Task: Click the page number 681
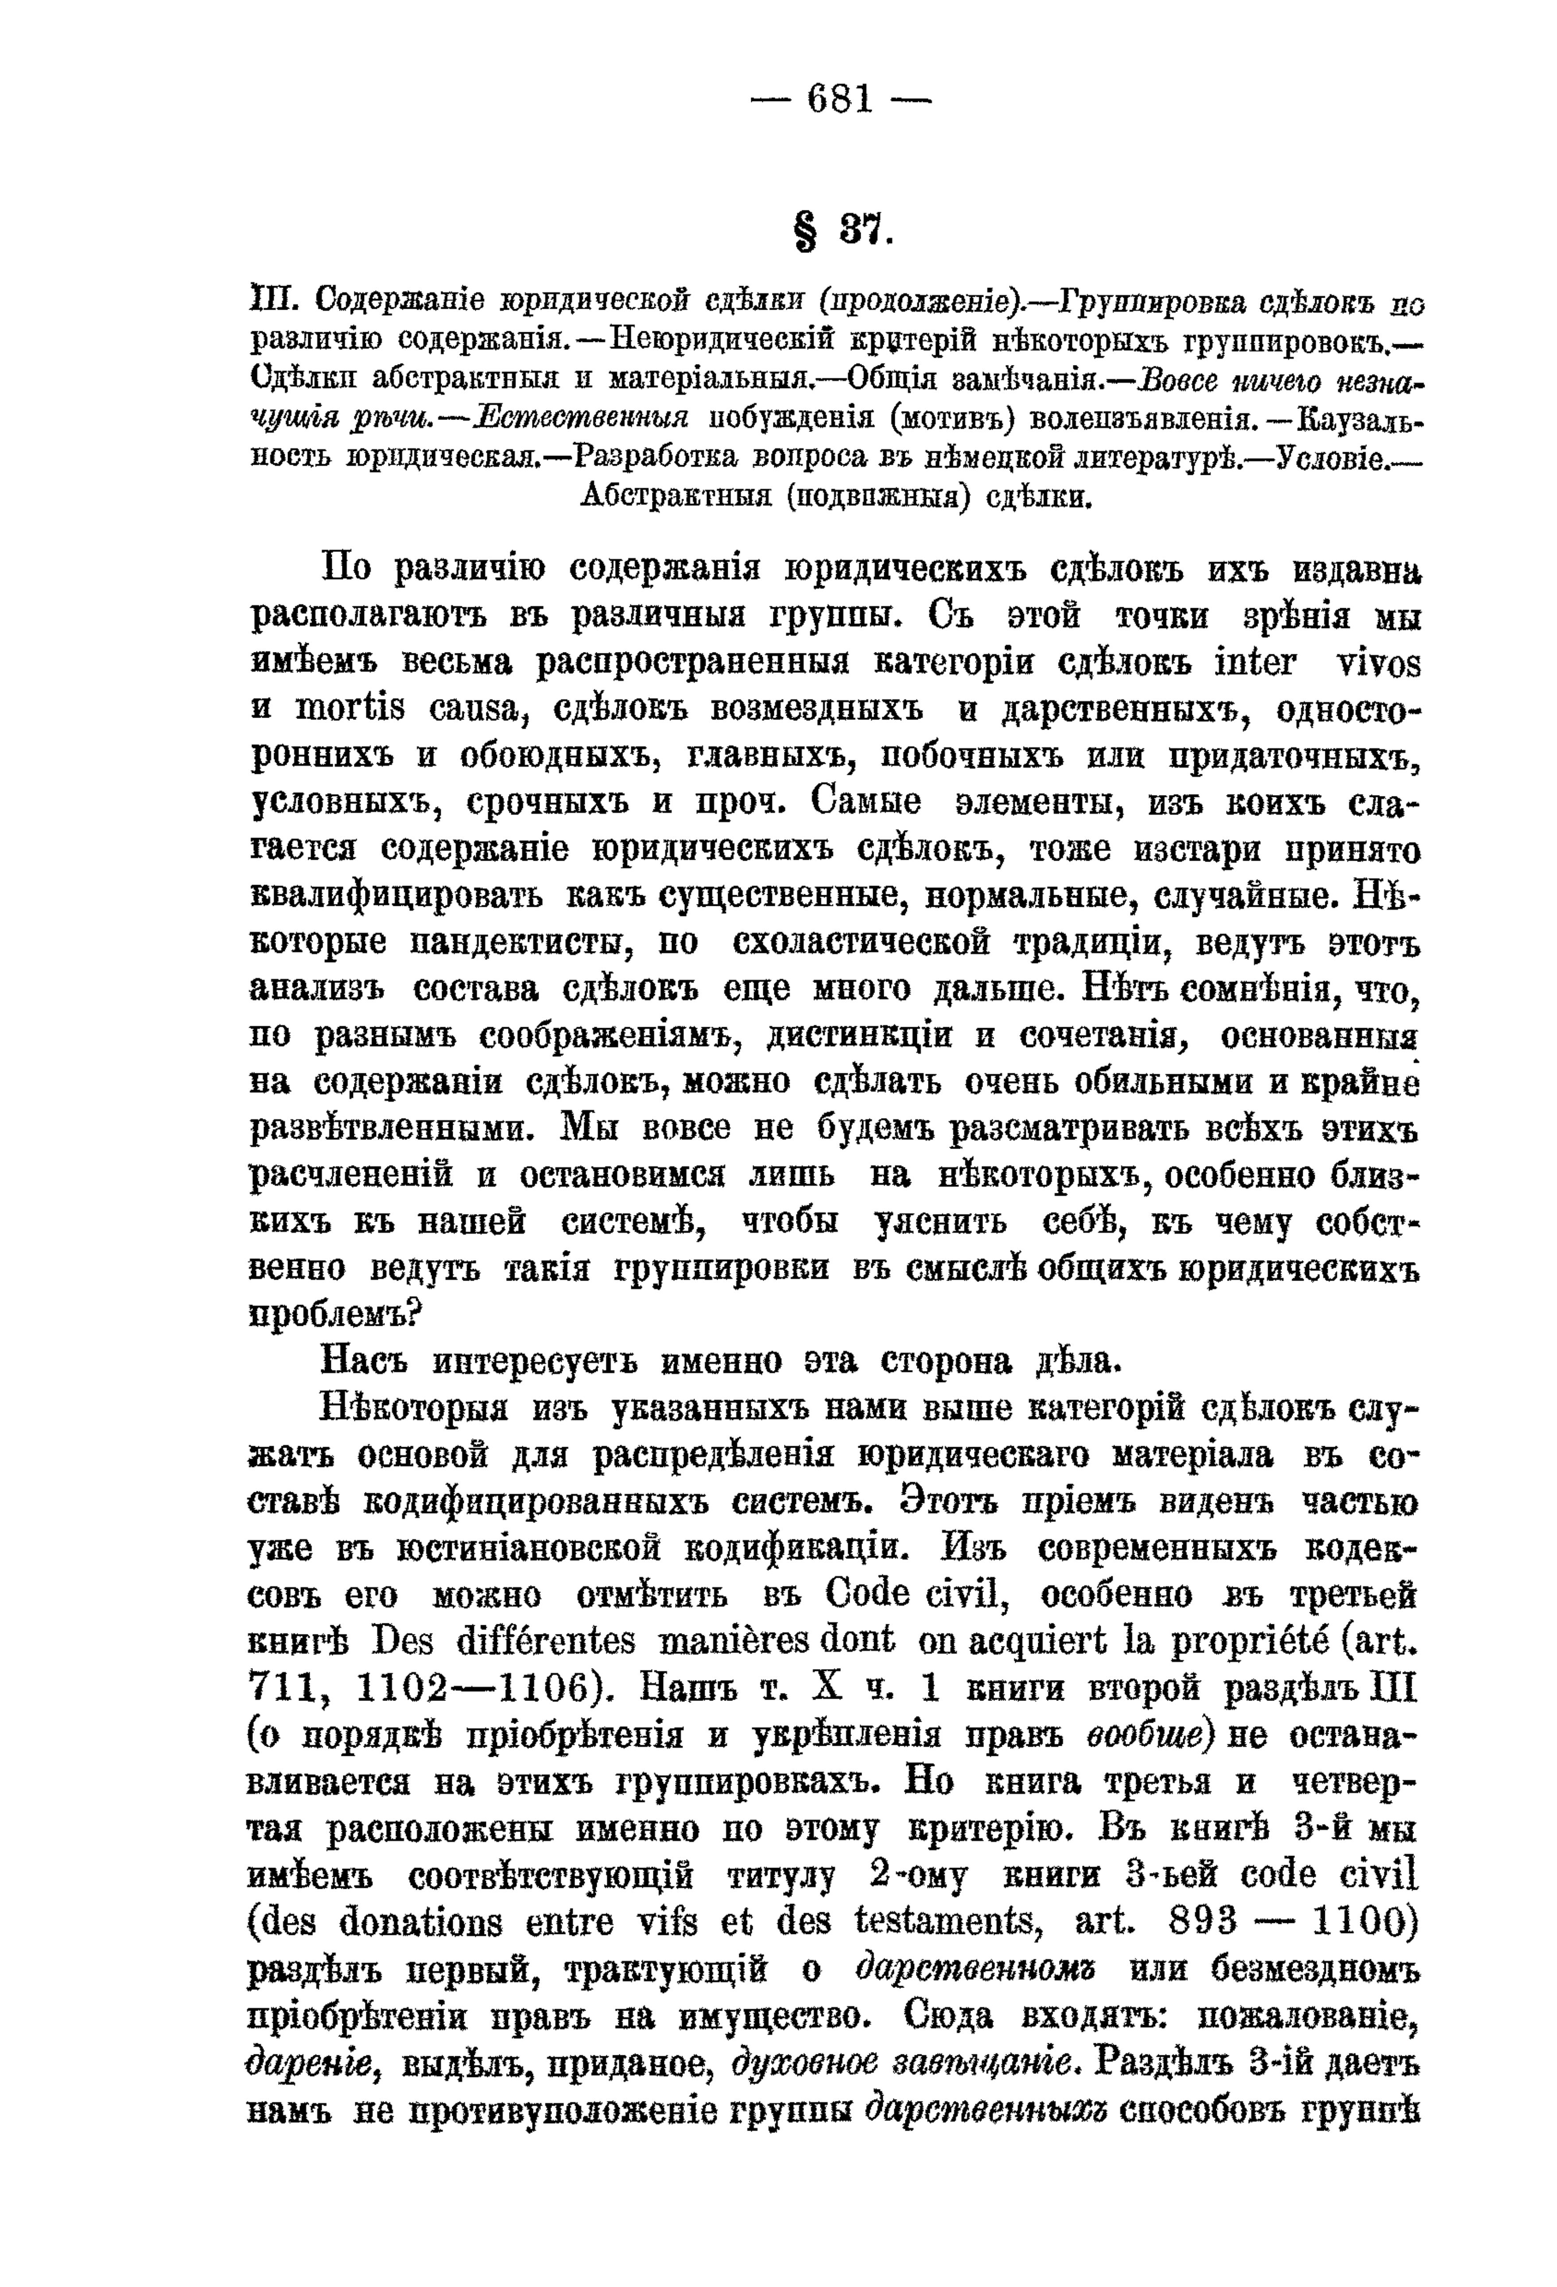[839, 99]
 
